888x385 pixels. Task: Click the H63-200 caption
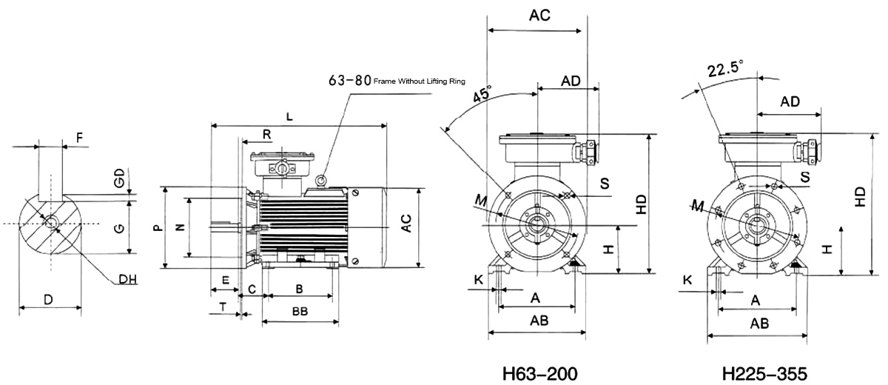pos(539,373)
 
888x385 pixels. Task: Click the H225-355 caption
pos(764,373)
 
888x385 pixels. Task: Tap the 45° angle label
pos(482,94)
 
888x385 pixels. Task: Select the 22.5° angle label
pos(725,69)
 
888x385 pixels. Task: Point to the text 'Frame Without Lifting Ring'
pos(419,81)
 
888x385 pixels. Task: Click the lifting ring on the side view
pos(320,181)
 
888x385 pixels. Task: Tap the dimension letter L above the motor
pos(289,116)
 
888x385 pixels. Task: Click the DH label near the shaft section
pos(127,280)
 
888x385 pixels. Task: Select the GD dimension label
pos(119,177)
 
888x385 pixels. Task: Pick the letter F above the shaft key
pos(80,138)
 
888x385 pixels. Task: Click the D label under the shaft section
pos(48,299)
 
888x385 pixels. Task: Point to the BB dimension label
pos(300,312)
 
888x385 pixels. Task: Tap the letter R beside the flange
pos(267,135)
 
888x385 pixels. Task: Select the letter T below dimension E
pos(223,307)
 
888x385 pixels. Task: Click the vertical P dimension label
pos(158,227)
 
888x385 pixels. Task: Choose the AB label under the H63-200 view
pos(539,321)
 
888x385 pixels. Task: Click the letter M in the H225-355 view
pos(698,206)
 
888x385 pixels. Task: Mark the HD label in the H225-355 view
pos(860,197)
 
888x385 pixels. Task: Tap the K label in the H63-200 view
pos(479,280)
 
